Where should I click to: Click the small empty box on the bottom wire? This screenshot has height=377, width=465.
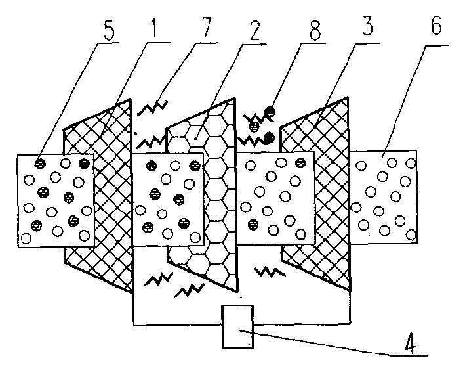tap(239, 326)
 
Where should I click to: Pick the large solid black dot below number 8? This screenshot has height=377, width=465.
tap(268, 137)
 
